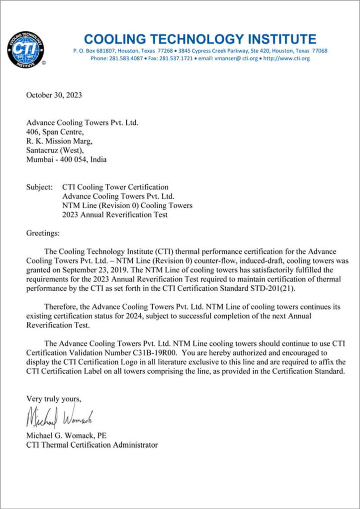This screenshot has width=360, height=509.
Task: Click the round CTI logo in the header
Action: coord(25,49)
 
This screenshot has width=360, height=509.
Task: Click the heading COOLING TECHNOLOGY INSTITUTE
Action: coord(200,39)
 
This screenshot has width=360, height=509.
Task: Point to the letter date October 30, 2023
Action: coord(54,95)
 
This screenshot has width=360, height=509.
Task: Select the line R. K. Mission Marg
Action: coord(59,141)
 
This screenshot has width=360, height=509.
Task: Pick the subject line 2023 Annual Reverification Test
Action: coord(115,215)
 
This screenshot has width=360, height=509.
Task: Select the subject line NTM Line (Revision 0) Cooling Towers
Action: coord(127,206)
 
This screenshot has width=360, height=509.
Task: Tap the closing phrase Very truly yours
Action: coord(53,399)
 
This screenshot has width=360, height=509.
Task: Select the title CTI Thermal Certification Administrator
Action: coord(92,445)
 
